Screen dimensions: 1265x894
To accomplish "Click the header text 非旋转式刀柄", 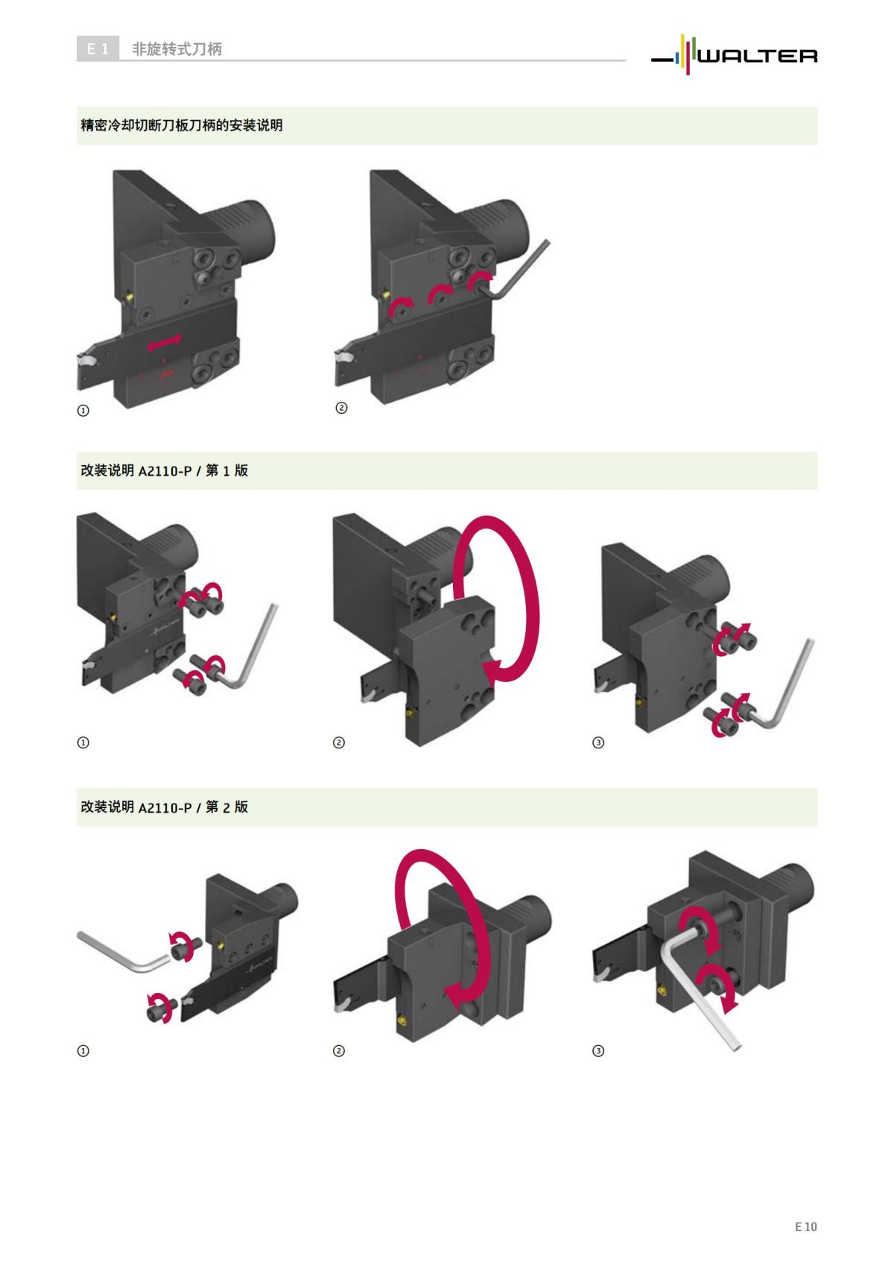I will pyautogui.click(x=177, y=49).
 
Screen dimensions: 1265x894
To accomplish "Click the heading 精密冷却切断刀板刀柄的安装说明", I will pyautogui.click(x=182, y=125).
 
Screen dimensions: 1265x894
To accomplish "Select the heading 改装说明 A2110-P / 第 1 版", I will pyautogui.click(x=164, y=470).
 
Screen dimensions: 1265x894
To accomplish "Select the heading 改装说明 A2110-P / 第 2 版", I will pyautogui.click(x=164, y=807).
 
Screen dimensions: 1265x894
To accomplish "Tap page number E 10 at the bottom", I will pyautogui.click(x=805, y=1226).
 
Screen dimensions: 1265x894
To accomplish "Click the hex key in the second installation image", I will pyautogui.click(x=521, y=270).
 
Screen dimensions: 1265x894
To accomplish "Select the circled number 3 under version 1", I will pyautogui.click(x=597, y=742).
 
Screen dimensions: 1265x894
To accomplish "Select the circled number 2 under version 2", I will pyautogui.click(x=338, y=1051).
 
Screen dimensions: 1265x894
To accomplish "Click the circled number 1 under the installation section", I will pyautogui.click(x=83, y=410).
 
